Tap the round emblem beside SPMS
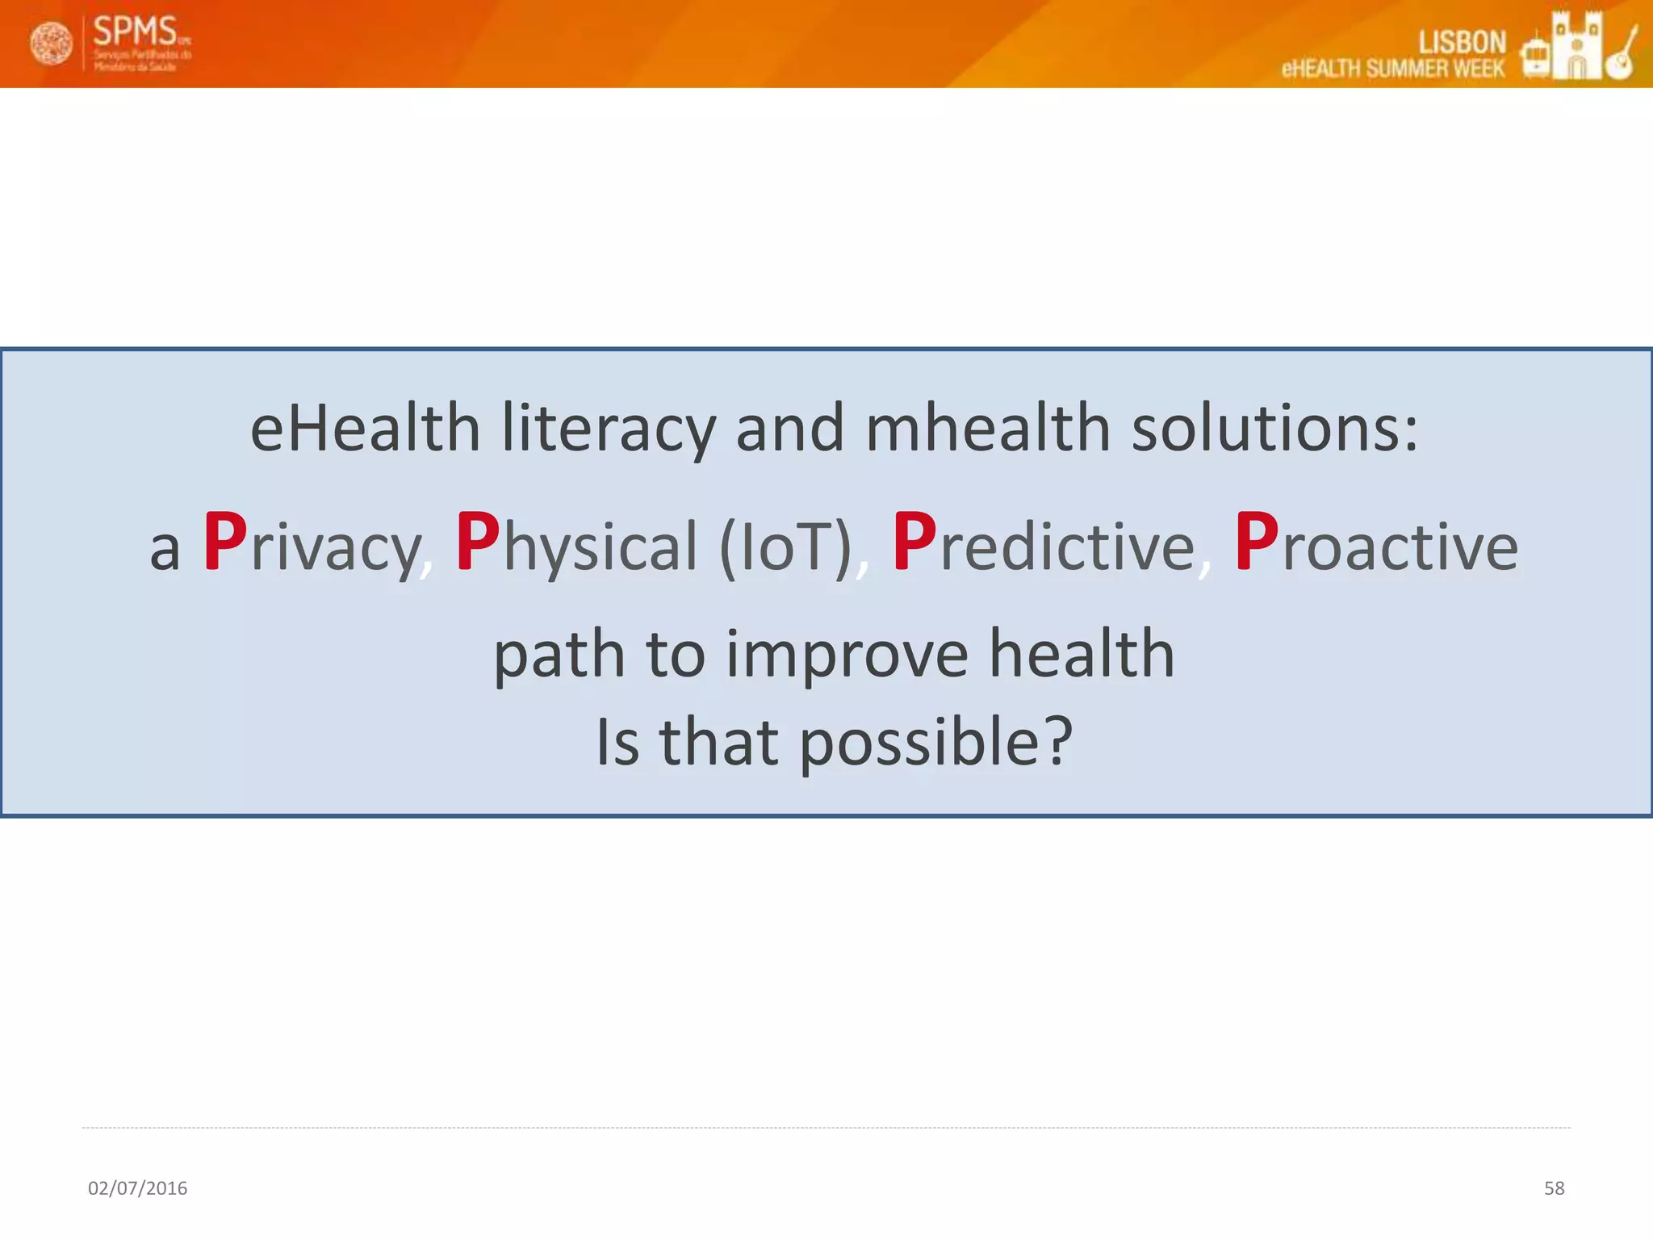click(51, 44)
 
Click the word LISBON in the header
click(1462, 42)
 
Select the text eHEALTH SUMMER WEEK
click(1392, 69)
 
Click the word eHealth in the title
click(365, 428)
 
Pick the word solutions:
click(1274, 428)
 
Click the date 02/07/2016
click(137, 1188)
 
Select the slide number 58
click(1554, 1188)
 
